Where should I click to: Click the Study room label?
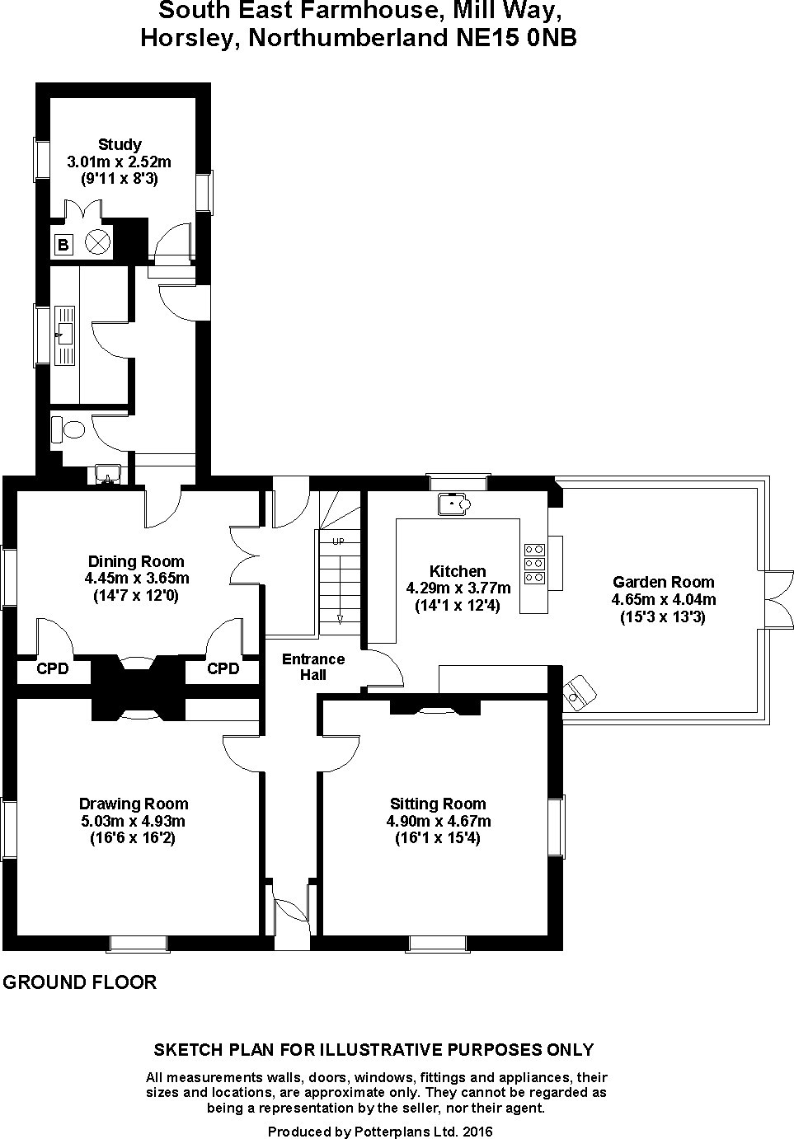pyautogui.click(x=120, y=144)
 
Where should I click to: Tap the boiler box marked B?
pyautogui.click(x=63, y=245)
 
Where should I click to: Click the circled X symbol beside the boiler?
pyautogui.click(x=98, y=242)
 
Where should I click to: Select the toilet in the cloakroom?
pyautogui.click(x=69, y=429)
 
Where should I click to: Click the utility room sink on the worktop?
pyautogui.click(x=63, y=335)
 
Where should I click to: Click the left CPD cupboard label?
pyautogui.click(x=52, y=668)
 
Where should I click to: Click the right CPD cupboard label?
pyautogui.click(x=223, y=668)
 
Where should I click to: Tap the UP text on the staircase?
pyautogui.click(x=338, y=541)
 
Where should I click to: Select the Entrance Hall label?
pyautogui.click(x=312, y=667)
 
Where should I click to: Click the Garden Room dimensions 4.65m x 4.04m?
pyautogui.click(x=663, y=599)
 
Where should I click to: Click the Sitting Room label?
pyautogui.click(x=438, y=804)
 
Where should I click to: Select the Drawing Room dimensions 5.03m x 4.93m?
pyautogui.click(x=133, y=821)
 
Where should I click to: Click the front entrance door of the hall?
pyautogui.click(x=292, y=910)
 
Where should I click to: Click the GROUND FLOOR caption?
pyautogui.click(x=80, y=982)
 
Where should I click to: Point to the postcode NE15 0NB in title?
pyautogui.click(x=516, y=38)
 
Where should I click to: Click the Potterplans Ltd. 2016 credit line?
pyautogui.click(x=380, y=1132)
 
